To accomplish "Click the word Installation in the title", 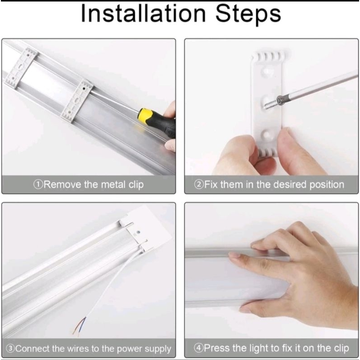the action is pos(143,14).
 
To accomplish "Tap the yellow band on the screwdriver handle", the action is pos(145,116).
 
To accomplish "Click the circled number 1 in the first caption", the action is pos(38,184).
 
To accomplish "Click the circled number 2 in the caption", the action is pos(198,184).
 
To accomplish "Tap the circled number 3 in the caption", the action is pos(10,348).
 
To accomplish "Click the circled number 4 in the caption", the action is pos(198,348).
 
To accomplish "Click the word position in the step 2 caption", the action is pos(327,185).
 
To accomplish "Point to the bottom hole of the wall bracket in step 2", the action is pos(267,134).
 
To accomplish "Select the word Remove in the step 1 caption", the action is pos(62,184).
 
